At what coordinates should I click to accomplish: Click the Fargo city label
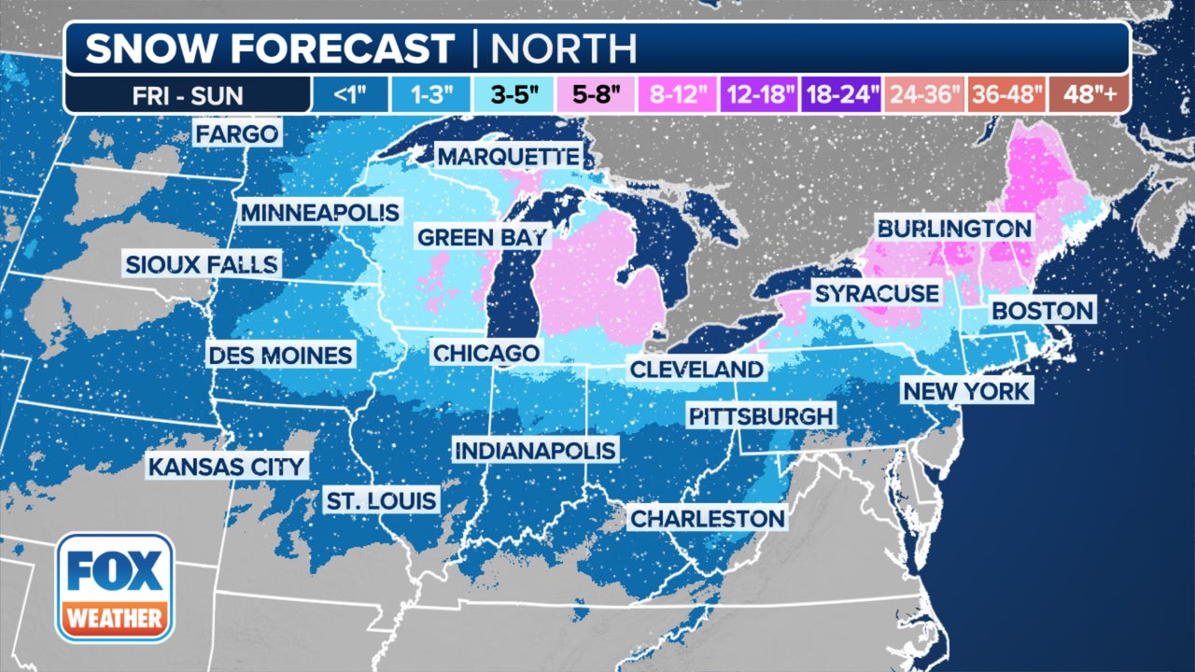point(237,133)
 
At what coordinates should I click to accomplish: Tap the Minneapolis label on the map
point(319,212)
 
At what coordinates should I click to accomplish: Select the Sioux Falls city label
point(203,264)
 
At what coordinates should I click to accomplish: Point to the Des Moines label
point(280,355)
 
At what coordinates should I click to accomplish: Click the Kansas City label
point(227,466)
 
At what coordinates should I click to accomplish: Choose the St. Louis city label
point(381,500)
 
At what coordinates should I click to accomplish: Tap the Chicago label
point(485,353)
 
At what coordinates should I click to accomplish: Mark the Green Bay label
point(481,237)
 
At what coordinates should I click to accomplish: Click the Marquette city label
point(508,156)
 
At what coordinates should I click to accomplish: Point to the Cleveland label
point(696,369)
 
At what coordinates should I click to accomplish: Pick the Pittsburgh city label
point(760,415)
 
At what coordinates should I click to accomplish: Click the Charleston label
point(707,517)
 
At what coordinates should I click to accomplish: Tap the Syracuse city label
point(876,293)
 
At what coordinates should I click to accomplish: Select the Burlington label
point(953,228)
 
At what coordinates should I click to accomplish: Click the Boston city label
point(1042,310)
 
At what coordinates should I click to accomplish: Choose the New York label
point(965,390)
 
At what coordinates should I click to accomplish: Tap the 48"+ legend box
point(1088,94)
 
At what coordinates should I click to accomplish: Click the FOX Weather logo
point(114,587)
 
